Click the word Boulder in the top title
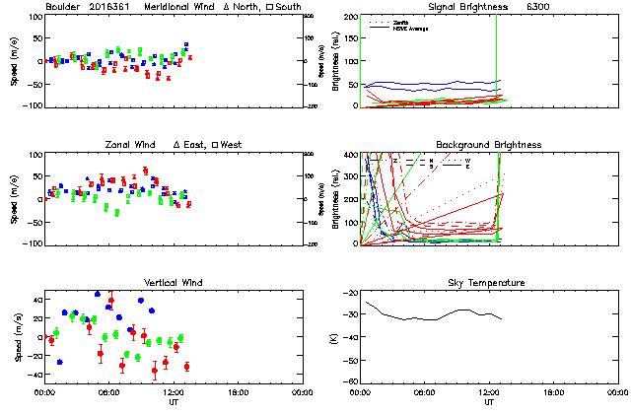(x=62, y=8)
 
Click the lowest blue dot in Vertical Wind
(x=59, y=363)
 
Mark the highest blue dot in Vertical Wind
(x=98, y=294)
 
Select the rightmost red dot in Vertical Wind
(x=186, y=367)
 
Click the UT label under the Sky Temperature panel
(x=489, y=401)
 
